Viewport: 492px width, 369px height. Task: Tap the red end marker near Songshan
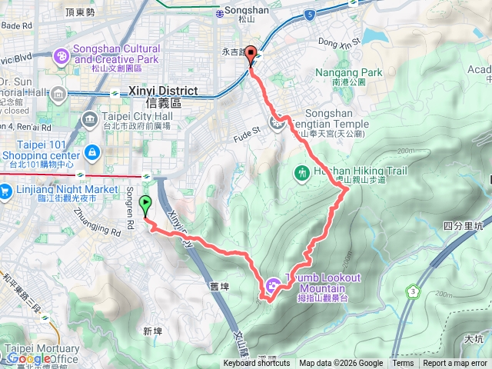tap(252, 55)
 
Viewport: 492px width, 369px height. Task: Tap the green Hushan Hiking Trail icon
tap(301, 174)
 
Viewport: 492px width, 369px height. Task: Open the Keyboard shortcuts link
tap(257, 364)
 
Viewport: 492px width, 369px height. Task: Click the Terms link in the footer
tap(403, 364)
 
